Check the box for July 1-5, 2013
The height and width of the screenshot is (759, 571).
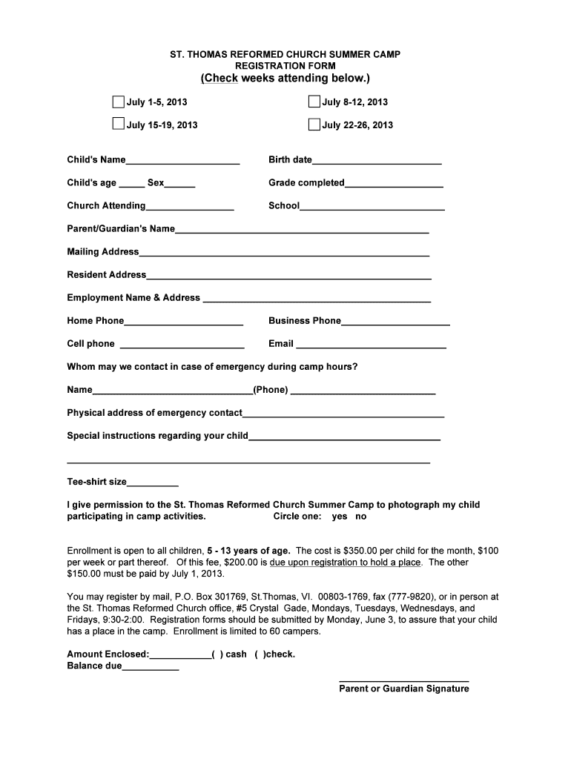point(118,102)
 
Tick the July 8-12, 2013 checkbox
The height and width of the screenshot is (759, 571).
point(314,102)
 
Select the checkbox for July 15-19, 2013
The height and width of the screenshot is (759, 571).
point(118,124)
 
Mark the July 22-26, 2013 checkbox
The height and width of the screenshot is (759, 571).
point(314,124)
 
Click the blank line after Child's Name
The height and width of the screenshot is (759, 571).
point(182,160)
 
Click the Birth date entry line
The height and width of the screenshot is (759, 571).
point(377,160)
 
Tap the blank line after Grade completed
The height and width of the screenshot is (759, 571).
point(394,183)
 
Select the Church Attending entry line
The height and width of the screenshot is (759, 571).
point(190,206)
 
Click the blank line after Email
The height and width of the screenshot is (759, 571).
point(371,344)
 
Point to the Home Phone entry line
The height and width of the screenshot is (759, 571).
point(183,321)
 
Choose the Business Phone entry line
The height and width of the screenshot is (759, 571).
point(395,321)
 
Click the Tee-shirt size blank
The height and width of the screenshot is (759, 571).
point(153,483)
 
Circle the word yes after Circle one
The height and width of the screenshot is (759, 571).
point(340,517)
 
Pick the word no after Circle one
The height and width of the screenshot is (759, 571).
point(360,517)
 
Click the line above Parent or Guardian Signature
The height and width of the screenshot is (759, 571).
point(403,679)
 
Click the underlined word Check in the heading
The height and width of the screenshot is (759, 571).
point(221,79)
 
